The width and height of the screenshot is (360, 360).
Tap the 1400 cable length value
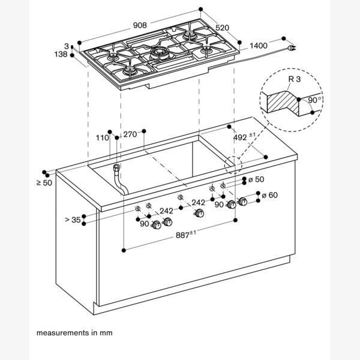coord(259,46)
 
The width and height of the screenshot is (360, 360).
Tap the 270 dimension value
coord(131,135)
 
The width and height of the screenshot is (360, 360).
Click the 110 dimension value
coord(102,137)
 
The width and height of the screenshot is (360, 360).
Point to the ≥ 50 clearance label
coord(44,182)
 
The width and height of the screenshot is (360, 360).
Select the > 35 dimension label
coord(73,220)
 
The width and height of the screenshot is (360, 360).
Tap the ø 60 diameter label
coord(271,195)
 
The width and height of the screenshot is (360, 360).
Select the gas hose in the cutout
coord(119,181)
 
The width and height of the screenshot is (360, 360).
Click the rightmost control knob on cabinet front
coord(243,204)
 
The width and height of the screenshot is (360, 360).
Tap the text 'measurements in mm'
coord(74,332)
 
